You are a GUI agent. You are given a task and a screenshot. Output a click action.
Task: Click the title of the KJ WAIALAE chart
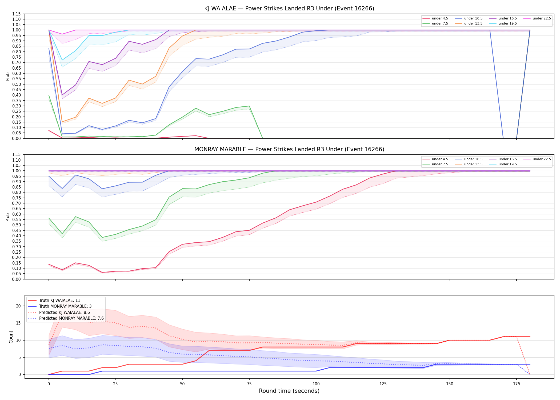tap(289, 9)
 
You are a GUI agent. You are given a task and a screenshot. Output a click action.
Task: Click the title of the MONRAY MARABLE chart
tap(289, 149)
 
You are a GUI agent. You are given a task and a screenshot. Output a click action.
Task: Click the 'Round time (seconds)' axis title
tap(289, 391)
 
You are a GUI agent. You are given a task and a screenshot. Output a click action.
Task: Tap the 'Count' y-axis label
tap(11, 337)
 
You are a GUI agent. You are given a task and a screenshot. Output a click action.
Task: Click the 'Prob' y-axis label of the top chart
tap(8, 76)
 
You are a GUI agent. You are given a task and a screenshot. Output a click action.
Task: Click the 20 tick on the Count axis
tap(18, 306)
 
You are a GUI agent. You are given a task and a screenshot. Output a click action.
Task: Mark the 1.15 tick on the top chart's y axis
tap(17, 14)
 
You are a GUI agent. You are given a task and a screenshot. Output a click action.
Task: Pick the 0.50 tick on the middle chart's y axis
tap(17, 225)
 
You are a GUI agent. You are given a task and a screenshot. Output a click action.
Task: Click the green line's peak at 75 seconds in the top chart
tap(249, 106)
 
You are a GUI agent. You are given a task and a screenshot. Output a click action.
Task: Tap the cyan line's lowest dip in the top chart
tap(62, 60)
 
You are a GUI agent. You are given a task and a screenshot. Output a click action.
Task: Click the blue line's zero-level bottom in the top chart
tap(510, 138)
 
